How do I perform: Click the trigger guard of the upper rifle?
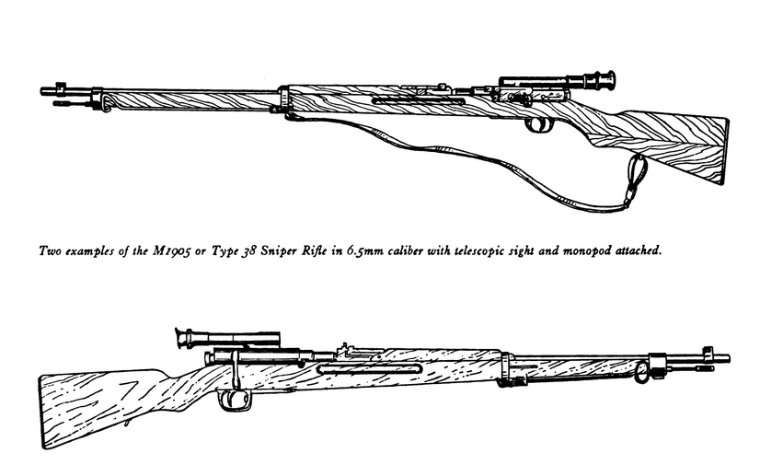[x=535, y=125]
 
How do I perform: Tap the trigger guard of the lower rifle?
[x=235, y=399]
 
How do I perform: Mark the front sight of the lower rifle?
[x=708, y=351]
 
